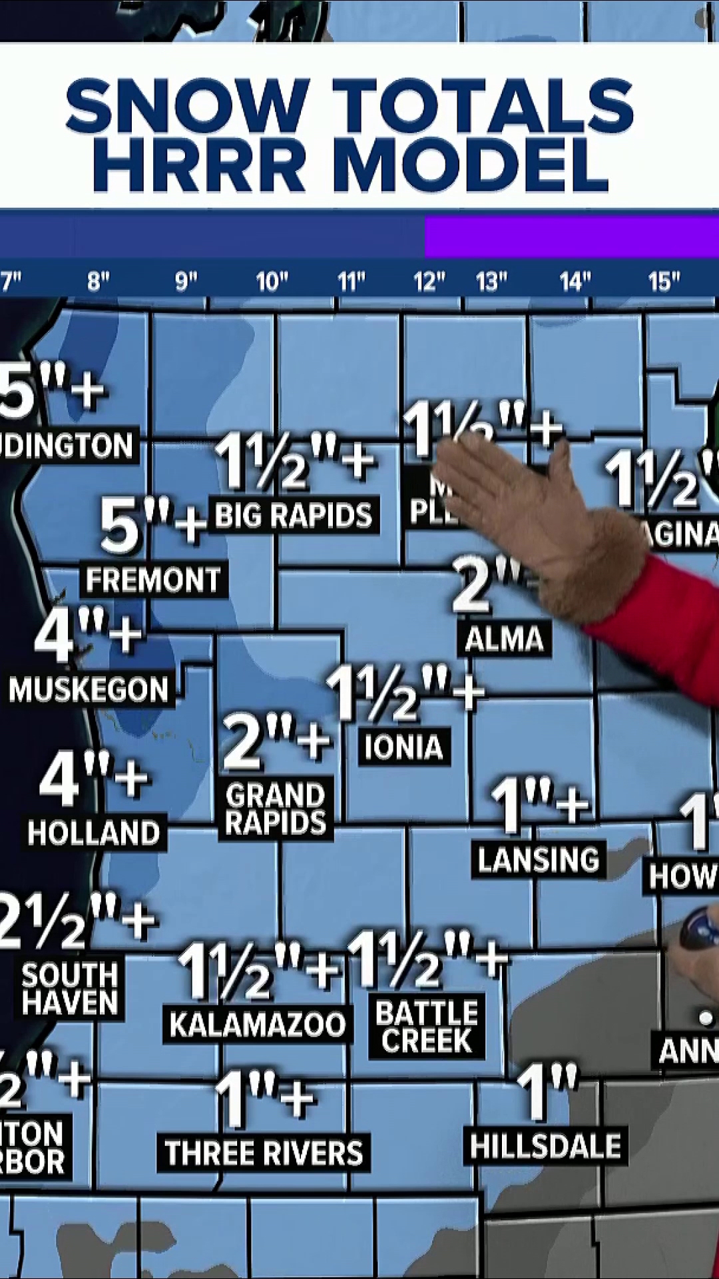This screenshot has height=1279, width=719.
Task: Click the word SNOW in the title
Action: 188,105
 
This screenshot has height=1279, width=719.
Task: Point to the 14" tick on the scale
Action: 575,282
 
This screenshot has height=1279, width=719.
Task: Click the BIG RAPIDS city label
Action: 294,515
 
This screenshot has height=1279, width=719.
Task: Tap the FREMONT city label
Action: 153,580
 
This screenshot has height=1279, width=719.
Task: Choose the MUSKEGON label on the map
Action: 89,689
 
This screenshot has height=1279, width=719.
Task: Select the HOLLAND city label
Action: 94,833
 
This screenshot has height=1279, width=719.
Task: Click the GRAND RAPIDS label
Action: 276,809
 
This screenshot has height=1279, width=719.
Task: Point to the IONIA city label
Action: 403,747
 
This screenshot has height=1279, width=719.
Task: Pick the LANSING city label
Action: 538,859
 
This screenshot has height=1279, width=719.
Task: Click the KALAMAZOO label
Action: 258,1025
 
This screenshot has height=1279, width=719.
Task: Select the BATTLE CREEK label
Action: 427,1027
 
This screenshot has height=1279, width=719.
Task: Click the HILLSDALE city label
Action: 545,1146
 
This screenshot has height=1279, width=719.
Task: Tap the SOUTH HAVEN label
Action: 70,989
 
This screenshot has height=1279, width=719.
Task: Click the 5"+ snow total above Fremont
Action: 152,526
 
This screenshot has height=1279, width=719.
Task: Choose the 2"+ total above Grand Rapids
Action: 276,740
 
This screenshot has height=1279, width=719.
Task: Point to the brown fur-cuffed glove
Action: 546,520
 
